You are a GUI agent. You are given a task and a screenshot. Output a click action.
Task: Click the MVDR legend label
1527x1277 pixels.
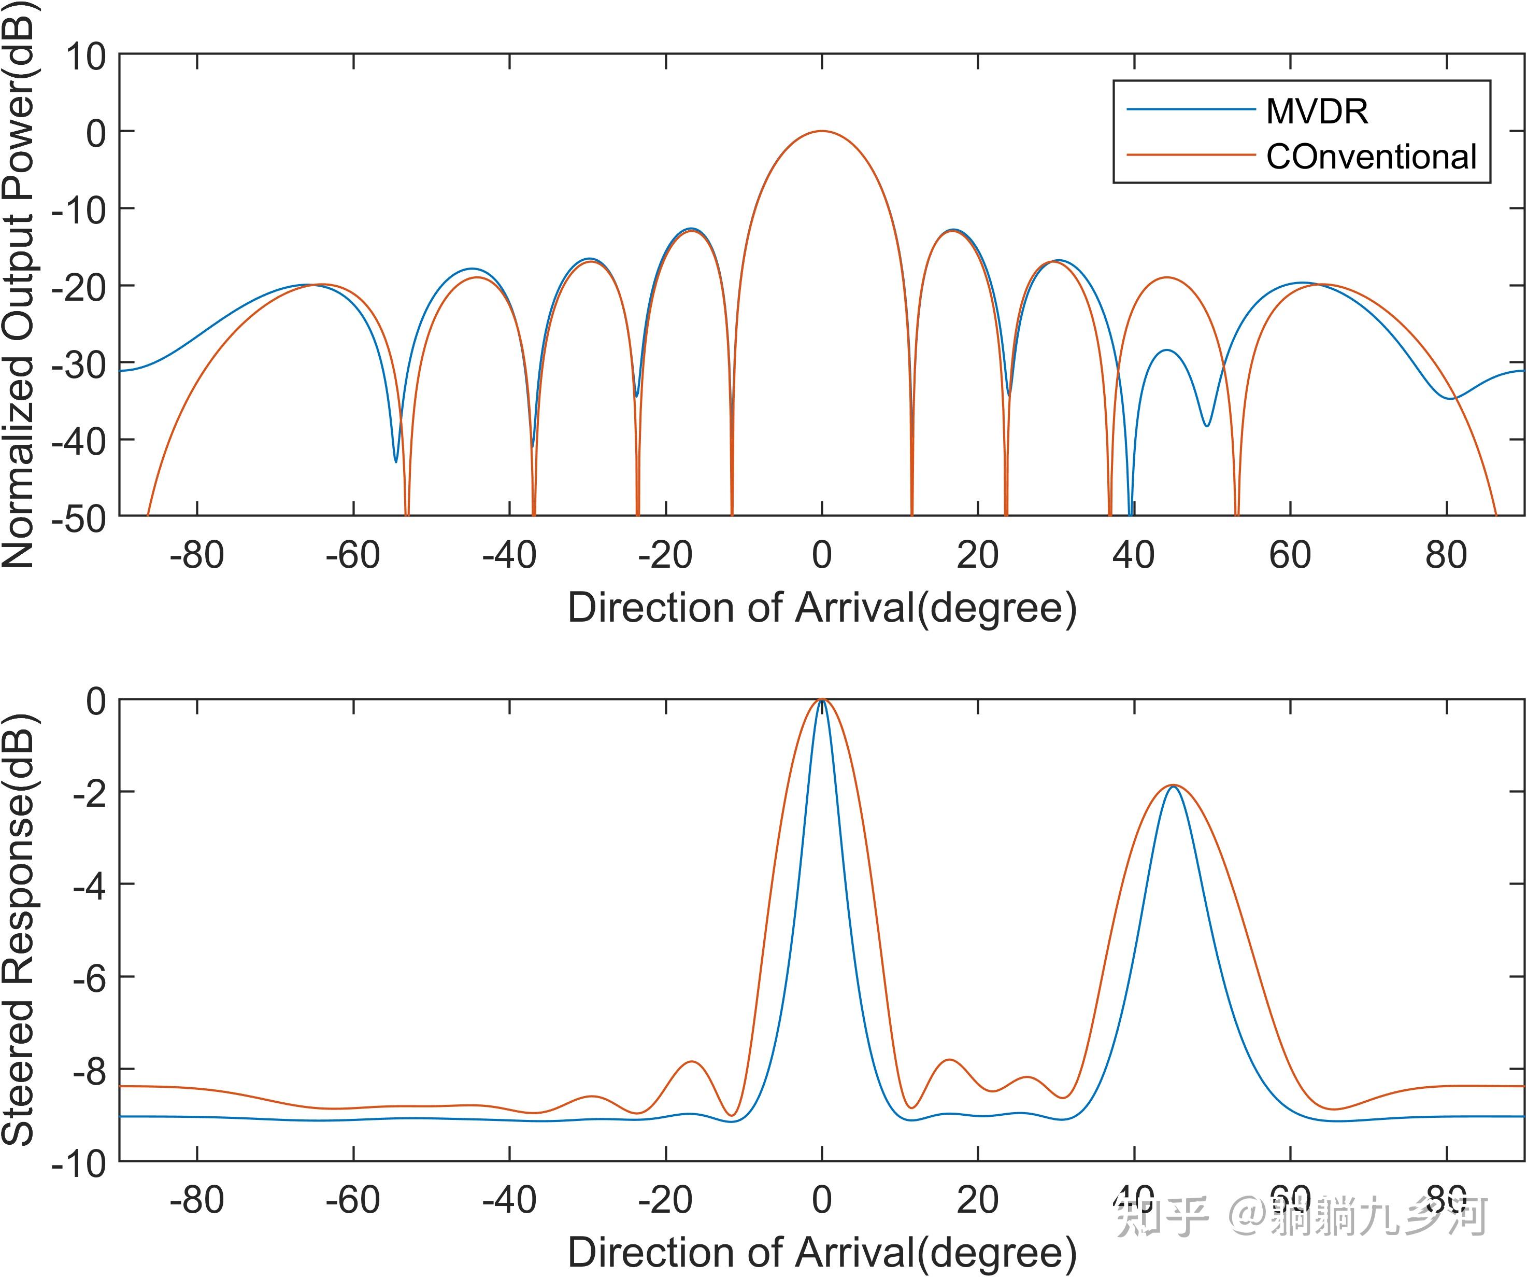pyautogui.click(x=1317, y=111)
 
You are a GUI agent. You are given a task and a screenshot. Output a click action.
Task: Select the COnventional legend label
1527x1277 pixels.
pyautogui.click(x=1371, y=157)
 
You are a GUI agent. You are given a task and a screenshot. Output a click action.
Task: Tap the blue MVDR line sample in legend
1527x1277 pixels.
pyautogui.click(x=1191, y=110)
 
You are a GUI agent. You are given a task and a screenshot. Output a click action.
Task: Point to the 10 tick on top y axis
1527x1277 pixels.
pyautogui.click(x=86, y=57)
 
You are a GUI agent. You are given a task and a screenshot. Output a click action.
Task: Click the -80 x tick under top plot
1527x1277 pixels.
pyautogui.click(x=196, y=555)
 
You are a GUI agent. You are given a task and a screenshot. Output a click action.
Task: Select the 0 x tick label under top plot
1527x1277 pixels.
pyautogui.click(x=822, y=555)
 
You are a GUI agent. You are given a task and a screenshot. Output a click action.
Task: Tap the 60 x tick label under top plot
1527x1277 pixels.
pyautogui.click(x=1290, y=555)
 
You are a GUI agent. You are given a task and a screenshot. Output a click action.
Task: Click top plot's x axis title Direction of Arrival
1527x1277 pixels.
pyautogui.click(x=822, y=608)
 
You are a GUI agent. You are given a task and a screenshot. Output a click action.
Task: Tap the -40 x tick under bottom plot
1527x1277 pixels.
pyautogui.click(x=509, y=1201)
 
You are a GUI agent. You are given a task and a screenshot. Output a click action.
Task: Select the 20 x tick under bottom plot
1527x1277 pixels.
pyautogui.click(x=977, y=1201)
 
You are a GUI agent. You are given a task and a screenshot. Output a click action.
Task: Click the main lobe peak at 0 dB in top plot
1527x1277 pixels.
pyautogui.click(x=822, y=132)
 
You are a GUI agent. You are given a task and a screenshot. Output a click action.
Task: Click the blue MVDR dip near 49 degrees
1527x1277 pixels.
pyautogui.click(x=1207, y=426)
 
